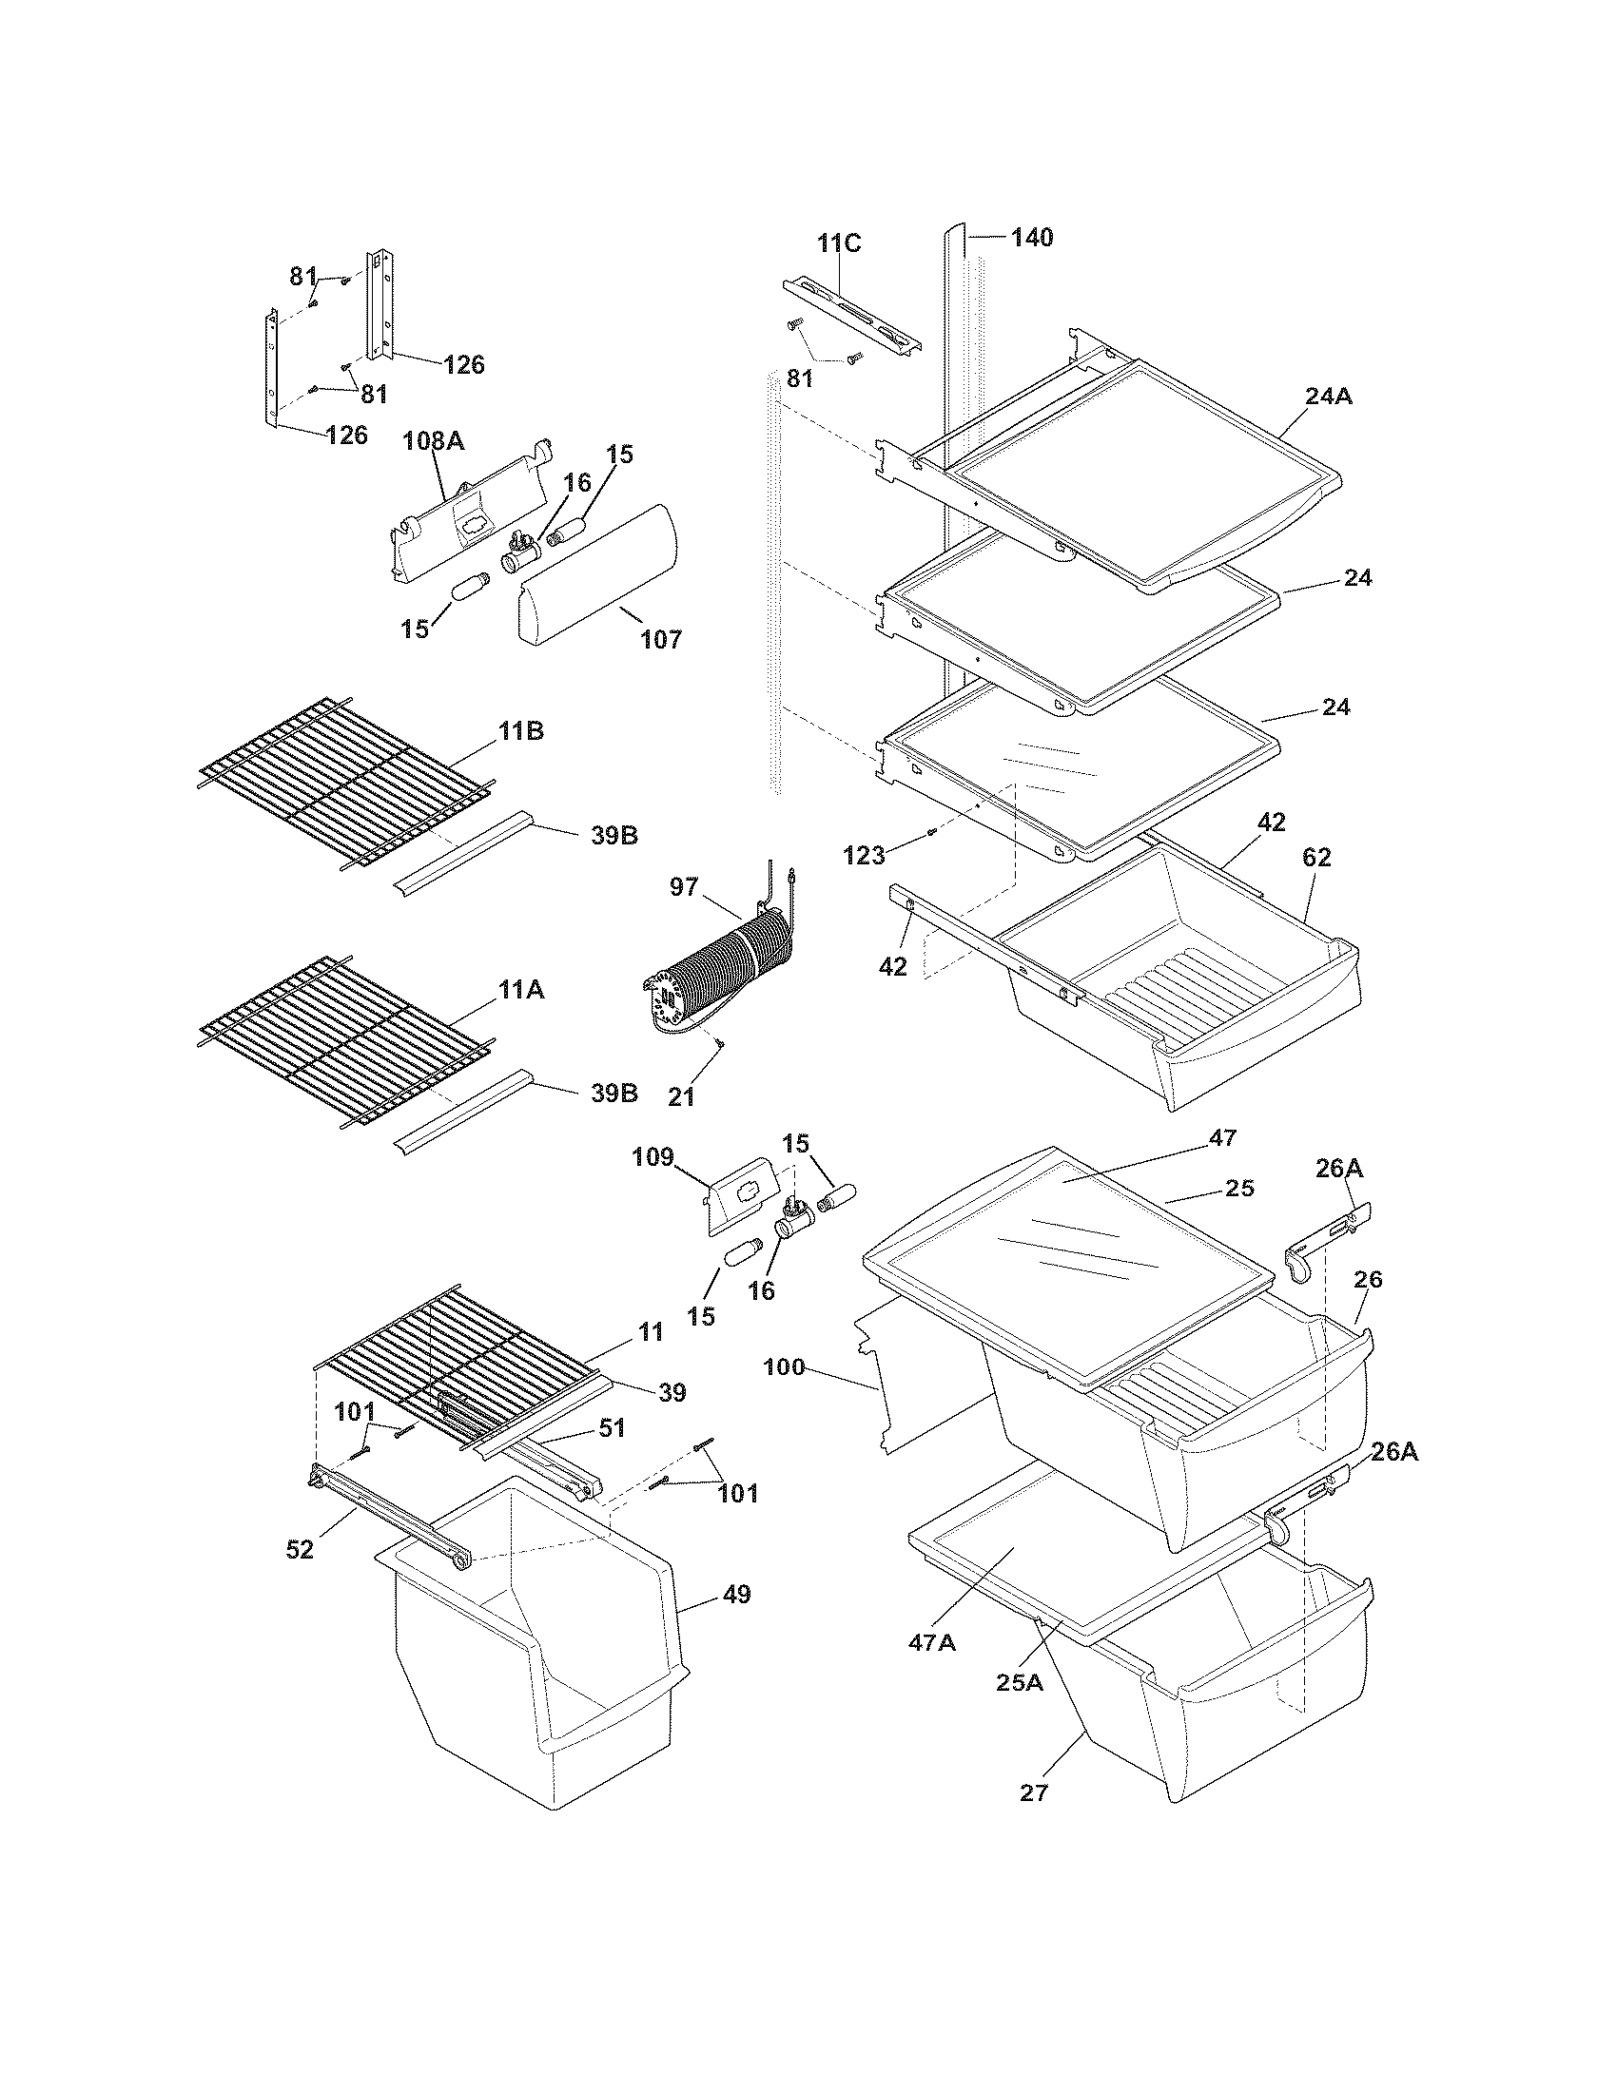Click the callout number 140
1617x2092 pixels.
pyautogui.click(x=1032, y=238)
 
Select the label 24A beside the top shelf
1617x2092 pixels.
pyautogui.click(x=1328, y=396)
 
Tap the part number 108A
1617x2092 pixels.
pyautogui.click(x=433, y=441)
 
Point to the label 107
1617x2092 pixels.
pyautogui.click(x=661, y=639)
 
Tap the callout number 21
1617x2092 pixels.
pyautogui.click(x=681, y=1097)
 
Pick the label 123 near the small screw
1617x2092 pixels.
pyautogui.click(x=863, y=856)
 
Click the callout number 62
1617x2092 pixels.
pyautogui.click(x=1316, y=858)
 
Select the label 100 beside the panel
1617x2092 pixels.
pyautogui.click(x=784, y=1367)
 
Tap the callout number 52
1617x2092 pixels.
pyautogui.click(x=300, y=1550)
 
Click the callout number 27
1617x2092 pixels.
pyautogui.click(x=1034, y=1792)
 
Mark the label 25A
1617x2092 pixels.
pyautogui.click(x=1020, y=1682)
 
